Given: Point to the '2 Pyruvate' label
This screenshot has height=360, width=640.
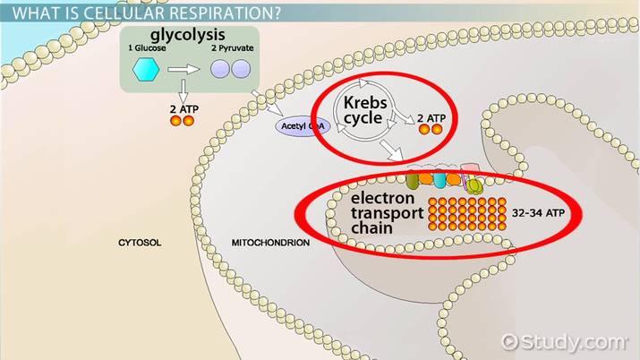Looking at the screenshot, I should tap(231, 49).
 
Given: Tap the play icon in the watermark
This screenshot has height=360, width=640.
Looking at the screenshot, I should tap(511, 341).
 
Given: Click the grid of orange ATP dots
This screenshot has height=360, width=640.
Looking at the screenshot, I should tap(467, 213).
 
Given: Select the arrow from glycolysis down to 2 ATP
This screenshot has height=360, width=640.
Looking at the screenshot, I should tap(183, 89).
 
